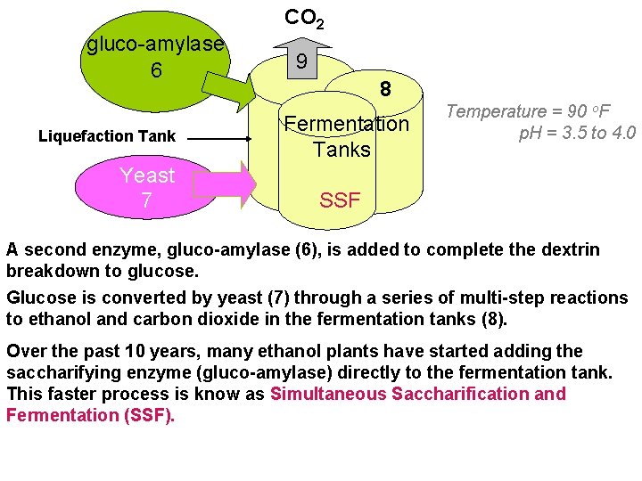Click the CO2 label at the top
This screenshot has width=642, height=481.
pyautogui.click(x=304, y=18)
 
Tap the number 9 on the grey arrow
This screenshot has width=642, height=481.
pyautogui.click(x=302, y=62)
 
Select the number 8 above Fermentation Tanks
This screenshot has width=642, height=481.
pyautogui.click(x=385, y=90)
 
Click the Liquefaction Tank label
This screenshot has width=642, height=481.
pyautogui.click(x=107, y=136)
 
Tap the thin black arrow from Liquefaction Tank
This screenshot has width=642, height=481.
pyautogui.click(x=219, y=139)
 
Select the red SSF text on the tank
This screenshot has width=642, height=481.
pyautogui.click(x=340, y=200)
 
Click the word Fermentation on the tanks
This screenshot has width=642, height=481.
pyautogui.click(x=346, y=124)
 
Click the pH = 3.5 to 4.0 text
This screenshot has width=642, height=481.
pyautogui.click(x=577, y=134)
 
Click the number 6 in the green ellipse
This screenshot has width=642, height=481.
pyautogui.click(x=156, y=69)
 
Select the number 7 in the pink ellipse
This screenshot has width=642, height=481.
pyautogui.click(x=146, y=201)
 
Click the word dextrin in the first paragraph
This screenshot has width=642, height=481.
pyautogui.click(x=567, y=250)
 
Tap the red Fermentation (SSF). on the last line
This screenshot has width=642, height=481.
pyautogui.click(x=90, y=415)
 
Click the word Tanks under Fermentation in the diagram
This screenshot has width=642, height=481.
pyautogui.click(x=342, y=149)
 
